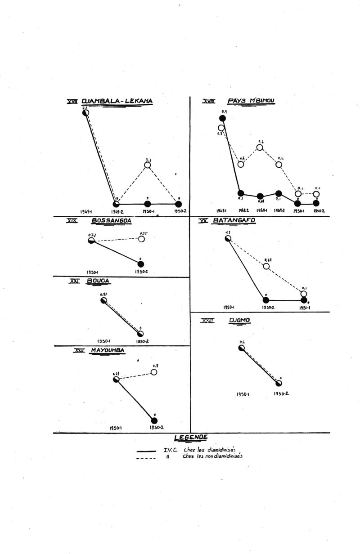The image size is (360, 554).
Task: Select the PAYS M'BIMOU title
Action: pos(252,101)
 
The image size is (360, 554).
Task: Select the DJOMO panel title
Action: pos(239,321)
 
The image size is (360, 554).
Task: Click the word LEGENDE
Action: pos(191,437)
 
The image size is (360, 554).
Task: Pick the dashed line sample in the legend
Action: pos(146,458)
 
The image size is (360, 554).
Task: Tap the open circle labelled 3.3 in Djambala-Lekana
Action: pos(148,165)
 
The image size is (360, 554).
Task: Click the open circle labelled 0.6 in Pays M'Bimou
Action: pos(260,147)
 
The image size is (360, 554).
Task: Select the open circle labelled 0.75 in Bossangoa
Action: pos(141,239)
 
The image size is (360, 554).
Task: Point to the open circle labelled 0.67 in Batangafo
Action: pos(266,266)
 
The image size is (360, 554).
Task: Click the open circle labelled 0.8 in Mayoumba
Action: pos(154,372)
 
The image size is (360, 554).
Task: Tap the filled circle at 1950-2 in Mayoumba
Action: pos(154,420)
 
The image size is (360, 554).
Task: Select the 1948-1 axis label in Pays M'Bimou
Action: pos(221,210)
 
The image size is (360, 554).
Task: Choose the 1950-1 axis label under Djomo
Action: pos(243,394)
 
